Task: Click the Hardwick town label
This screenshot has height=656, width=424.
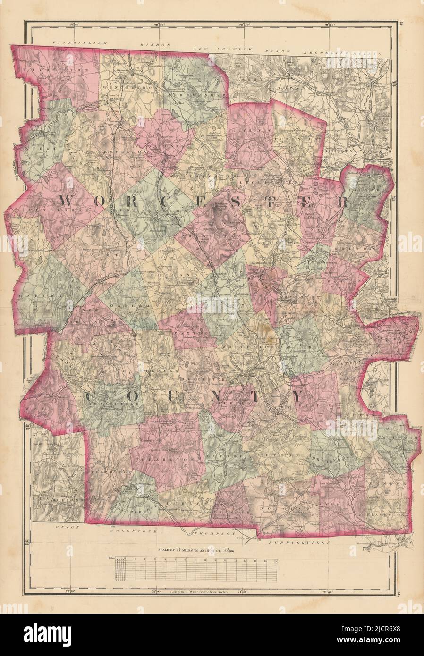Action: point(38,295)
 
